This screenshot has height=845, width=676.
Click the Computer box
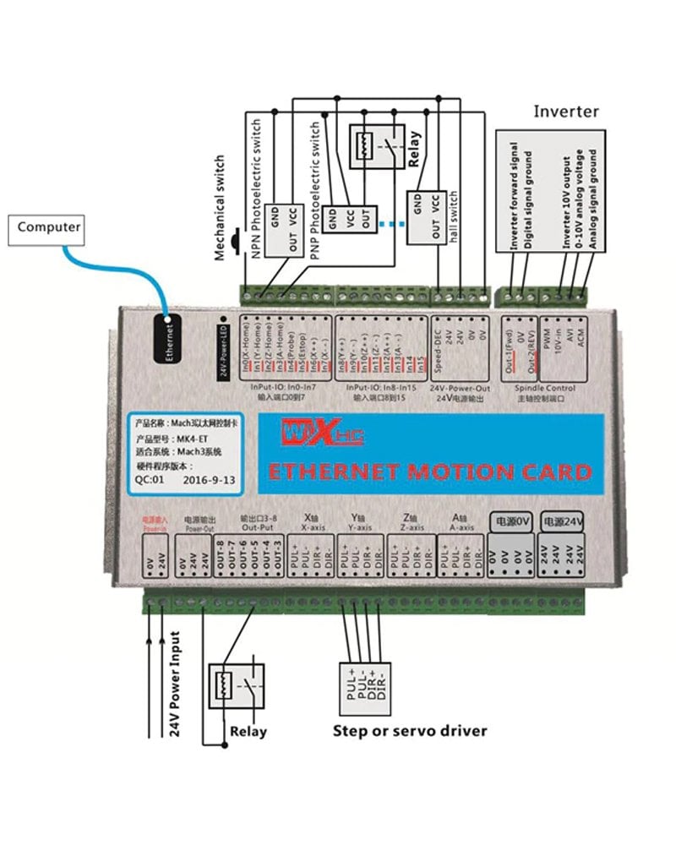pos(49,227)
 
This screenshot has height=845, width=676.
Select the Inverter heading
pos(565,112)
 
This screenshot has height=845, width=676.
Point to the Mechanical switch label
pos(221,206)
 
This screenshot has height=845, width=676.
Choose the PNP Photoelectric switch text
pos(315,195)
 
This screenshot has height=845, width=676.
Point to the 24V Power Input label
pos(176,684)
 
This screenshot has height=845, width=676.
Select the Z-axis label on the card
pos(411,527)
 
